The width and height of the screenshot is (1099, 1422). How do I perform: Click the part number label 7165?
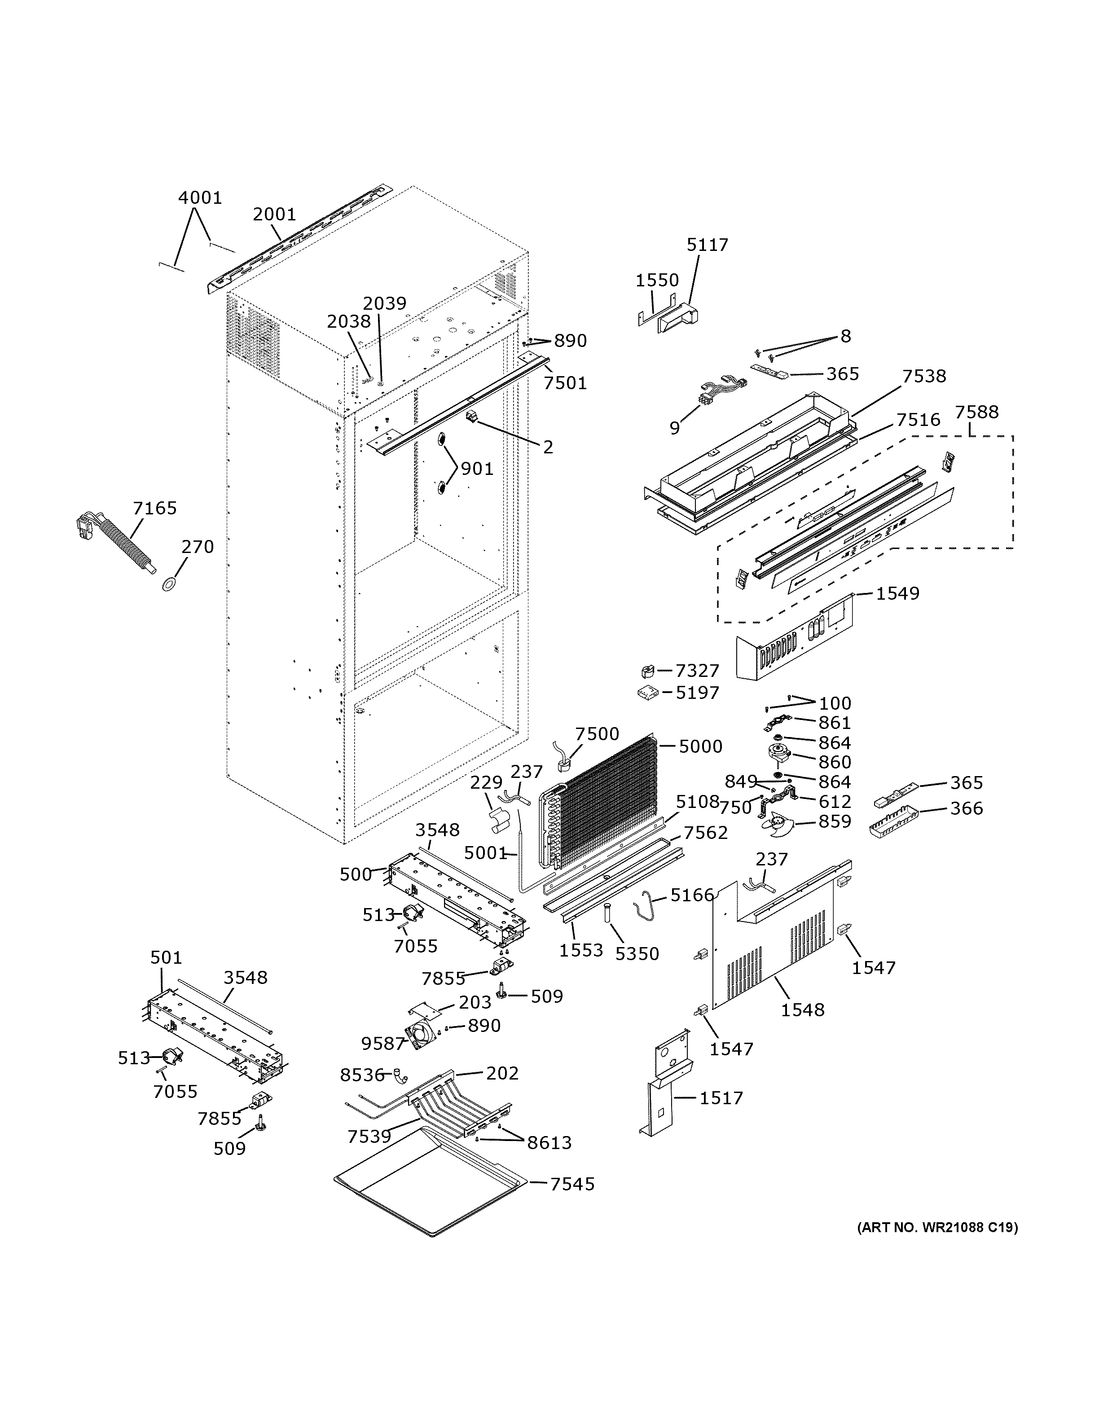154,508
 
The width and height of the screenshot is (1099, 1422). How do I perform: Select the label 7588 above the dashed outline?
976,412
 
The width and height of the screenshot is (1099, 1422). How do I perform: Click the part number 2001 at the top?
274,214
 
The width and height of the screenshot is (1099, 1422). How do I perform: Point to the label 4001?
200,197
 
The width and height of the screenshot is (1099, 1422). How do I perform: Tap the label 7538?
924,376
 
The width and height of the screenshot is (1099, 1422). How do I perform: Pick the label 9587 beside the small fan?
383,1043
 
